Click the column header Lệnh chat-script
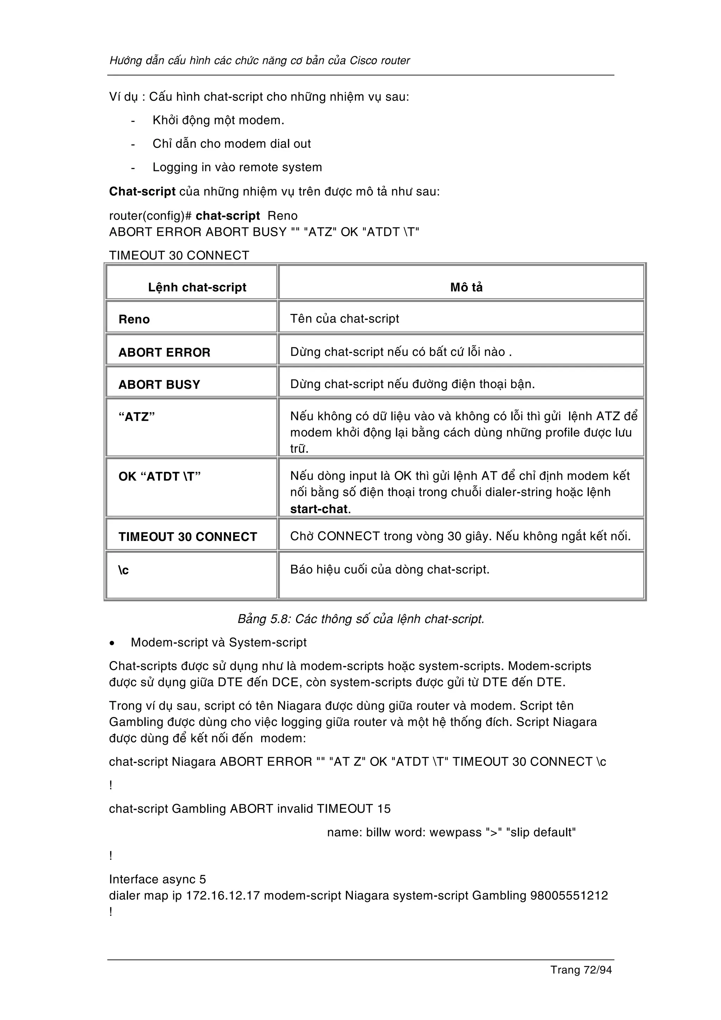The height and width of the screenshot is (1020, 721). (197, 288)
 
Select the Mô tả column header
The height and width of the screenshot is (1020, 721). (466, 288)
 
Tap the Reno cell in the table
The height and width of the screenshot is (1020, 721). (134, 320)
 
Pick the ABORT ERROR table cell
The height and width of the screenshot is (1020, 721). (164, 352)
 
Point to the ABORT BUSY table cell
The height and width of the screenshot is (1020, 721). (159, 385)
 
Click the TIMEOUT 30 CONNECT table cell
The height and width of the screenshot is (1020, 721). (188, 537)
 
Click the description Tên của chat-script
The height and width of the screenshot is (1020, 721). (344, 319)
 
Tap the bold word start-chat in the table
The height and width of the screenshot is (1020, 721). (319, 509)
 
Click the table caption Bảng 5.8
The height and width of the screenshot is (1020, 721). (361, 619)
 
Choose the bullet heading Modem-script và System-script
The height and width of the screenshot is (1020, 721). (219, 642)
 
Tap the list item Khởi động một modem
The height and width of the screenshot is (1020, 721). (218, 120)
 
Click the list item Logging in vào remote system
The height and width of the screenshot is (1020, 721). (237, 168)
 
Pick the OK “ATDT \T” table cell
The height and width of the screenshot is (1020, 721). (159, 477)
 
